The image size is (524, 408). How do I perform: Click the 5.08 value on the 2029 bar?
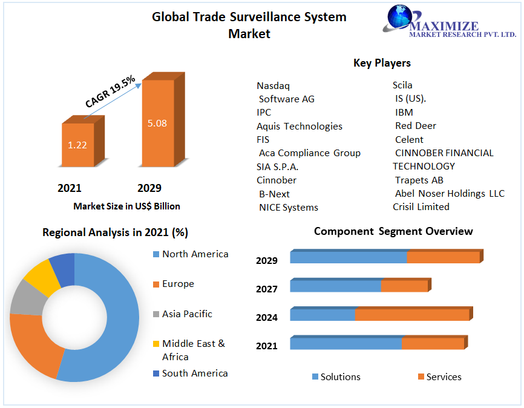point(157,123)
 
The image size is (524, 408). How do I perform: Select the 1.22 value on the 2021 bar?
point(77,145)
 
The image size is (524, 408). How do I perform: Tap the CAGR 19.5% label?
point(110,92)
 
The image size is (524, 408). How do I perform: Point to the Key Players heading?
point(382,63)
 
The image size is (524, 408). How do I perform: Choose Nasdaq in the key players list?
point(273,85)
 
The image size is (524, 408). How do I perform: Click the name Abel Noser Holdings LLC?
point(450,194)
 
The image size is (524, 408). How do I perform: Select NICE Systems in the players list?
point(289,208)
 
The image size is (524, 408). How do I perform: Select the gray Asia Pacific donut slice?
point(24,298)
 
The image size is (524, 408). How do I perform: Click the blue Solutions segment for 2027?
point(335,286)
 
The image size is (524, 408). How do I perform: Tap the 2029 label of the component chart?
point(266,260)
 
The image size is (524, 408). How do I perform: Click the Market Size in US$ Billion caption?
point(126,206)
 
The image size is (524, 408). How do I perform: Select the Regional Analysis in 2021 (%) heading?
point(115,232)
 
